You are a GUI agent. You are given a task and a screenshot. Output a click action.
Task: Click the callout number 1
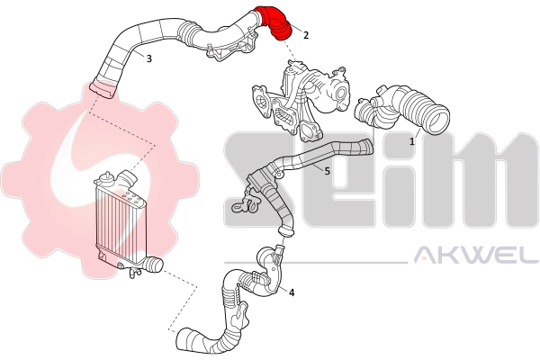click(412, 141)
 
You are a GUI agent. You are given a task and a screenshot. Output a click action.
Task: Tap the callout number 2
click(306, 35)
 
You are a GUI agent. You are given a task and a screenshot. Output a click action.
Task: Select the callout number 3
click(148, 58)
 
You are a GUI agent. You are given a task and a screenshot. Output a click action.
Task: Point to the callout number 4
click(292, 292)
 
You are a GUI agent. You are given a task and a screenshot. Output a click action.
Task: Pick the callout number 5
click(327, 170)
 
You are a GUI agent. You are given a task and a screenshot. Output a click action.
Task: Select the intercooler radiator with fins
click(112, 220)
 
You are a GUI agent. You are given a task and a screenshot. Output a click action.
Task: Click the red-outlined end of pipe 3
click(103, 89)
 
